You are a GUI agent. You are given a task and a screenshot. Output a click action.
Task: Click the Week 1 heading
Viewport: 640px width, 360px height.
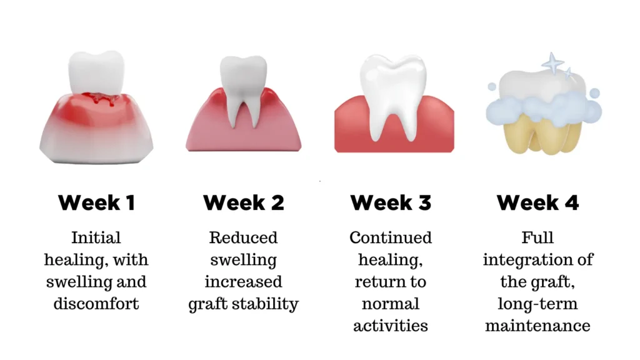[96, 202]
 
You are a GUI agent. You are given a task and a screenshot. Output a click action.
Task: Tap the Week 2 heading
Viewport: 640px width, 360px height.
[243, 202]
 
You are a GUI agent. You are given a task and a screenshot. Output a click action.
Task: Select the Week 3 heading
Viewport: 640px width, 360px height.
[391, 202]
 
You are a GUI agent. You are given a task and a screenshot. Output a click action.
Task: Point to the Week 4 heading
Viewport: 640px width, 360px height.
[537, 202]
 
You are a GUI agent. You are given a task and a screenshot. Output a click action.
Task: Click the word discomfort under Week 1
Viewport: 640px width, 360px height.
[96, 304]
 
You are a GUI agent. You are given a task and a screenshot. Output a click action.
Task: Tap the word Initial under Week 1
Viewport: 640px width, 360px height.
[96, 237]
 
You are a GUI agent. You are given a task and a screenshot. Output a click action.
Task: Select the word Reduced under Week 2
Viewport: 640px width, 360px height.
[243, 237]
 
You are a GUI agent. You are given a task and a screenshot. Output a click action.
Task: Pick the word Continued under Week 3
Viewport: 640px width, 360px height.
[391, 237]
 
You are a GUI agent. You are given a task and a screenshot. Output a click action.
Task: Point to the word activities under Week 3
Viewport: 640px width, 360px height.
[391, 326]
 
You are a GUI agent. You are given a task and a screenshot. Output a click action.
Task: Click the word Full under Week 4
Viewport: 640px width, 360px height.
[537, 237]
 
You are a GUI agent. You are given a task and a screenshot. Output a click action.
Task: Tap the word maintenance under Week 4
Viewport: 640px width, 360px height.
[537, 326]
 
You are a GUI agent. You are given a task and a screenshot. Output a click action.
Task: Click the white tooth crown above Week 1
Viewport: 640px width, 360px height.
[96, 72]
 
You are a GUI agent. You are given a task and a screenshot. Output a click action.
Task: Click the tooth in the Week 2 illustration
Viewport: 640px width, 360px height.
[242, 87]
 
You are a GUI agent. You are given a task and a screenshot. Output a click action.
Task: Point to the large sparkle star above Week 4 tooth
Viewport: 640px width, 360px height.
[552, 62]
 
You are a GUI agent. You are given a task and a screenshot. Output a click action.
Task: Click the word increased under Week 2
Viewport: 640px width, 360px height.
[243, 281]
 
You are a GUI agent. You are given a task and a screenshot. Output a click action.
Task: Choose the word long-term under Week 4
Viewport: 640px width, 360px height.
[537, 304]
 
